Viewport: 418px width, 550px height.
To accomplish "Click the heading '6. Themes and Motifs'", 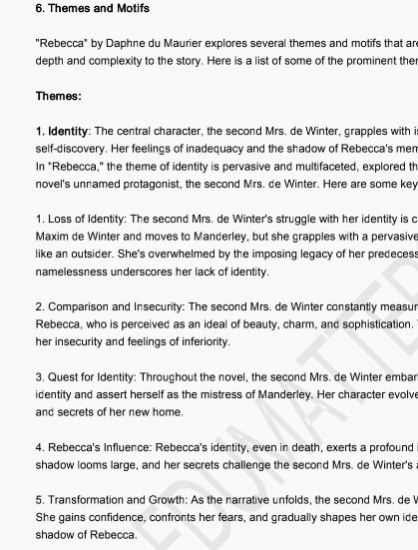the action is pyautogui.click(x=92, y=9).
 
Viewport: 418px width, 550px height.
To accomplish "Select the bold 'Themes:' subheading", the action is pyautogui.click(x=59, y=97).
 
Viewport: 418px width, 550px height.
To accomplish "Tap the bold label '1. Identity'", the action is pyautogui.click(x=62, y=132).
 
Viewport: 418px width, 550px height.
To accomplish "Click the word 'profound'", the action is pyautogui.click(x=387, y=446).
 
